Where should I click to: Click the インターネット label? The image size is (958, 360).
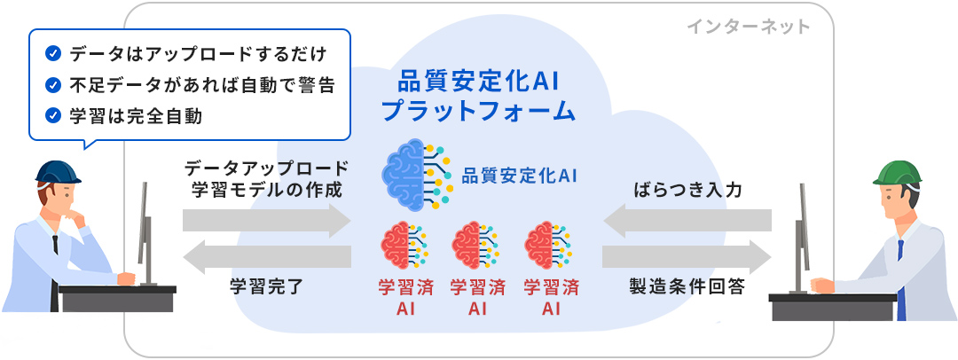coord(748,26)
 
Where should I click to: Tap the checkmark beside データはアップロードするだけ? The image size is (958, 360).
coord(52,54)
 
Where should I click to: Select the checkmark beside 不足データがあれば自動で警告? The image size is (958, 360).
coord(52,85)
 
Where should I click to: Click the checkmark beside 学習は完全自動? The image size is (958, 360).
coord(52,115)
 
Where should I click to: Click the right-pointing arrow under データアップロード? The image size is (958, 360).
coord(267,220)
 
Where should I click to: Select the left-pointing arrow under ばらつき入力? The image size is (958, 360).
coord(687,220)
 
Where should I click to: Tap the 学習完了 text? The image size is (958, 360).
coord(266,286)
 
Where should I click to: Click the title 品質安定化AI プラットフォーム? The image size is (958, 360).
coord(478,97)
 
